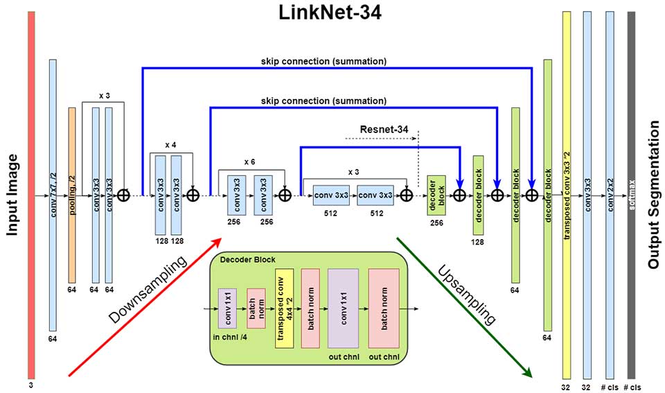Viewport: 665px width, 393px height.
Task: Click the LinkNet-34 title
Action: [x=330, y=12]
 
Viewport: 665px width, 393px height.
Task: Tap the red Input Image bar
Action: [x=31, y=195]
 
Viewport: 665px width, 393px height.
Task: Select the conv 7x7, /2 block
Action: [x=53, y=195]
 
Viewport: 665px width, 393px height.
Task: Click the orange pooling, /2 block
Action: [x=72, y=195]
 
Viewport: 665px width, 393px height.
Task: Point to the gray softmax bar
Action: [x=632, y=195]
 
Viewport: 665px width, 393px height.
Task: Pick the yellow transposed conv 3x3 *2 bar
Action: [x=567, y=195]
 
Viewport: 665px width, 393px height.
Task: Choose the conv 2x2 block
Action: [x=610, y=195]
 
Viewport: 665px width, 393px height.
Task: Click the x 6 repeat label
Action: [x=250, y=162]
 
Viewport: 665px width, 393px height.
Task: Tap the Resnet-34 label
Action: [x=384, y=129]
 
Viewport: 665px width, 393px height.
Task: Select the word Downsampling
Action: [x=148, y=288]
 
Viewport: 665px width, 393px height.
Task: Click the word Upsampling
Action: [x=466, y=294]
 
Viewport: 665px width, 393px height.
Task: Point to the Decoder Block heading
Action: [x=248, y=259]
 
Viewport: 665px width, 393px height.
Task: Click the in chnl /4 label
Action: [x=230, y=338]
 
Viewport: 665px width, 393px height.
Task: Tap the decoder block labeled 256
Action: [x=436, y=195]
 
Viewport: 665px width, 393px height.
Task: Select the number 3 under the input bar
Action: [x=31, y=385]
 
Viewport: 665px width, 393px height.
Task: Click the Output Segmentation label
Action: [x=654, y=195]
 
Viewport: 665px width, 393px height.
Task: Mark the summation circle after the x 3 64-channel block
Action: [x=123, y=195]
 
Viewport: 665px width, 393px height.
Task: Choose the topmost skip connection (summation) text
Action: [x=323, y=61]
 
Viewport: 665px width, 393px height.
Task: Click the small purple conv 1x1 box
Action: [x=227, y=308]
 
